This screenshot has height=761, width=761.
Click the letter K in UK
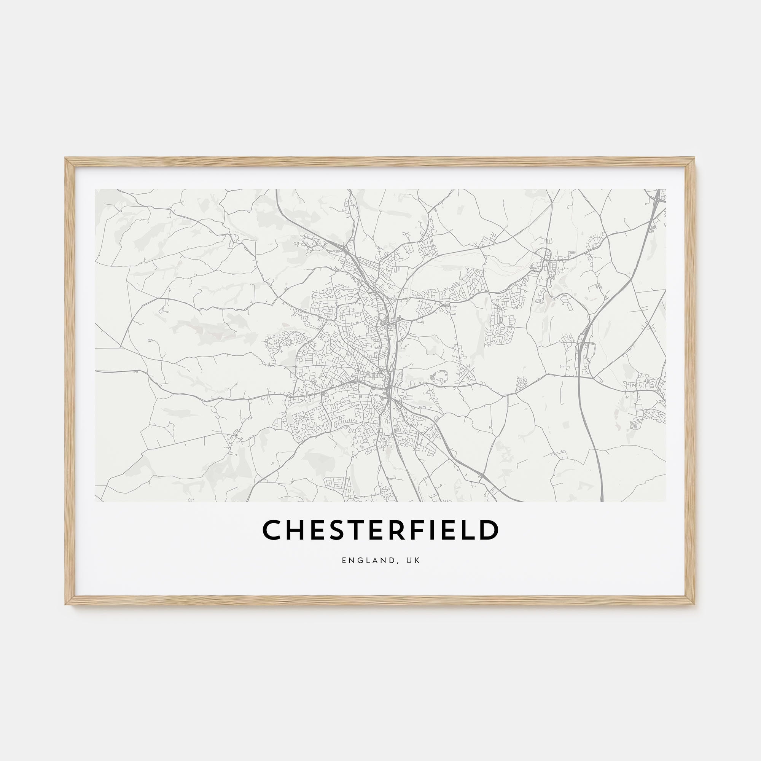pyautogui.click(x=418, y=560)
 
